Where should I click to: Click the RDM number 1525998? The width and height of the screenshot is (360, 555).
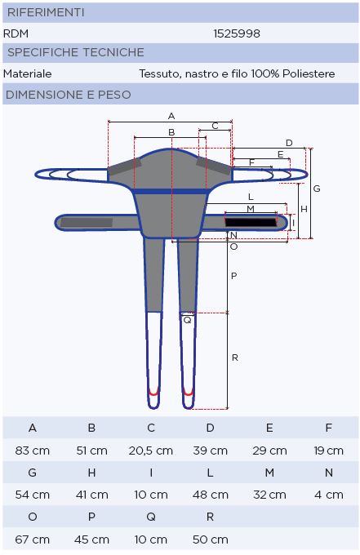237,33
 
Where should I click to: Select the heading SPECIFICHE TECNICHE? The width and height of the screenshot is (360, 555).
76,52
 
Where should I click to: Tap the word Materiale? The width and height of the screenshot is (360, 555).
28,73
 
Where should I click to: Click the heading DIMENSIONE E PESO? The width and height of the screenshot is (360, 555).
69,95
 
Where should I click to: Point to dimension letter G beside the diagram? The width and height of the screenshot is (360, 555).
317,189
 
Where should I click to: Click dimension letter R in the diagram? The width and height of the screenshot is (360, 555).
235,357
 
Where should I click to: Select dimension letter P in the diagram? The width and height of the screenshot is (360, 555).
233,276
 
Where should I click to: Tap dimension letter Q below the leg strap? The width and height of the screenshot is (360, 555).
187,320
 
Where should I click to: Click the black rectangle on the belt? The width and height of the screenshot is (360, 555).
251,222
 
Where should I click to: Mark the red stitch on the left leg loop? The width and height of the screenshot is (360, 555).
153,393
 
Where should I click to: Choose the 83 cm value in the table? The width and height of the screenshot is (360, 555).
32,451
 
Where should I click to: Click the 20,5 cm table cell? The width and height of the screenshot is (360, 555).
151,451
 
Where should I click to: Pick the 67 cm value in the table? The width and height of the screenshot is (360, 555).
32,539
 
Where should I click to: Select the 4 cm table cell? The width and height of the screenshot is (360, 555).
329,495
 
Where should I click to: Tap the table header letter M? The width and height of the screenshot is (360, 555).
269,473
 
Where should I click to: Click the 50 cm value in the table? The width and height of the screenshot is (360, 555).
211,539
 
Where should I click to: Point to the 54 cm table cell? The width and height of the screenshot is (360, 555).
32,495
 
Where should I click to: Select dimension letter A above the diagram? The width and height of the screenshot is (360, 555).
171,116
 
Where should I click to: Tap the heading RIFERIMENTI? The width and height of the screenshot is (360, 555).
46,12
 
